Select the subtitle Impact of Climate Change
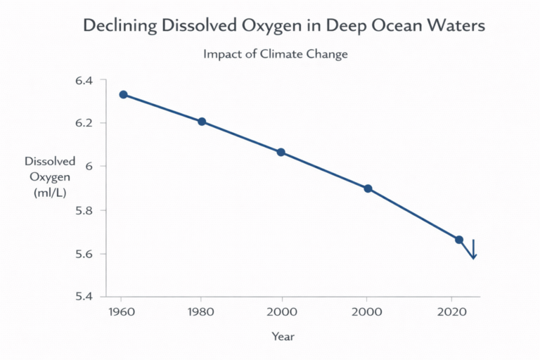276,54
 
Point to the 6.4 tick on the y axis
84,80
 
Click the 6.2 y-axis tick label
84,123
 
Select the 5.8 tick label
84,210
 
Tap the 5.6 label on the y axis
84,253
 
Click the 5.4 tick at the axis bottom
84,296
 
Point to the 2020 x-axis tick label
460,311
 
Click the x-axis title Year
283,336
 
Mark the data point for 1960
123,94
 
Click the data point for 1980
202,122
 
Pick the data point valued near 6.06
281,152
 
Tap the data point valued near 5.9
368,188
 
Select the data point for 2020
459,240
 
